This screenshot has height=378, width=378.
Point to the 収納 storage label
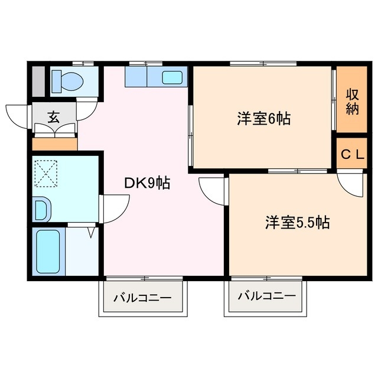353,101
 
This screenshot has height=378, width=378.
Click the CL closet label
353,155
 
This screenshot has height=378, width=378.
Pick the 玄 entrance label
54,117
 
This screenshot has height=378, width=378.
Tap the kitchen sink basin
173,77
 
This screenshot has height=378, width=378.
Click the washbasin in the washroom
42,208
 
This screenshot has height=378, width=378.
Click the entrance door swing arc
18,116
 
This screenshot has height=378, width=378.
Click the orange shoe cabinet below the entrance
55,144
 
